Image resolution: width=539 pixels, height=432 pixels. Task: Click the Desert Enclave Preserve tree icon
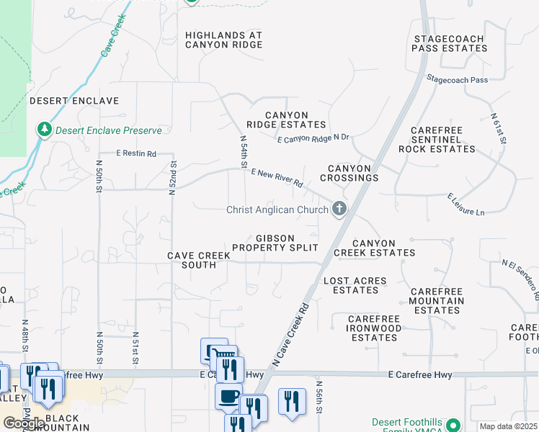[45, 130]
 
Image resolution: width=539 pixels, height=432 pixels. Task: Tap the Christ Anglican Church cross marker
[339, 210]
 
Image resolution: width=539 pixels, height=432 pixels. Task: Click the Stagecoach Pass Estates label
[450, 43]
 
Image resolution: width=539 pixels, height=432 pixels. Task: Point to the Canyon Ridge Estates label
[286, 120]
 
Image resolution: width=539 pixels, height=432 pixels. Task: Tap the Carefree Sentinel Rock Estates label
[442, 140]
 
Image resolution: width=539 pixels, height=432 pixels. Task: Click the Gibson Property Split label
[275, 243]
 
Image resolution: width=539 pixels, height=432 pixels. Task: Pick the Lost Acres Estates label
[355, 285]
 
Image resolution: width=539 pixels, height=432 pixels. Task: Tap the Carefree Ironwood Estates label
[374, 328]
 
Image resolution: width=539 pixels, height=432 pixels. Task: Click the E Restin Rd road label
[136, 153]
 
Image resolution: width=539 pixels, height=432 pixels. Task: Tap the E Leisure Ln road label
[466, 204]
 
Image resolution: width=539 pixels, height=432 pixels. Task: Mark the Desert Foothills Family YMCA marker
[453, 426]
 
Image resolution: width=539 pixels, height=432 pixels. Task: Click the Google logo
[23, 423]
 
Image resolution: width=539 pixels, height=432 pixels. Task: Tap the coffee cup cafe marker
[228, 396]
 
